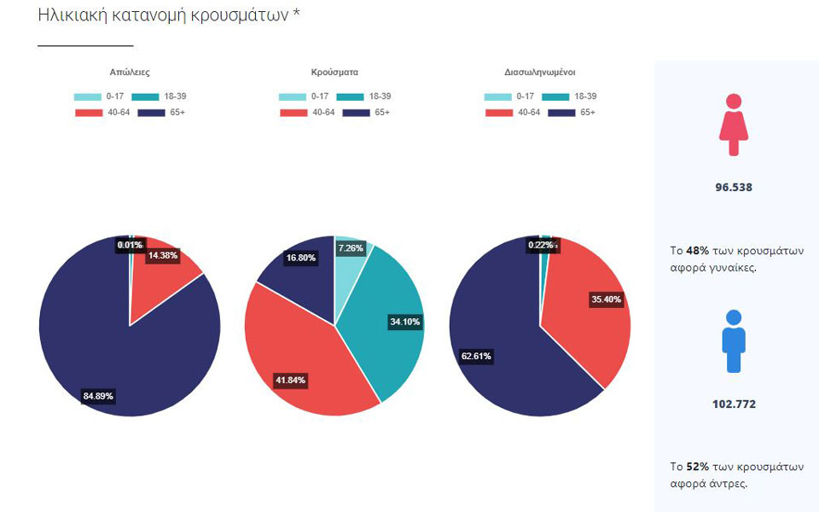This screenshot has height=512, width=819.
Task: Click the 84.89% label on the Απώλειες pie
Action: [98, 396]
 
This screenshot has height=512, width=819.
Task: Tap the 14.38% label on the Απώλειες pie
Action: [162, 255]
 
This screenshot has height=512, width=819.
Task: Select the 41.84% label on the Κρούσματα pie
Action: [291, 381]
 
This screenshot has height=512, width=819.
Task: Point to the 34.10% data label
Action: [405, 322]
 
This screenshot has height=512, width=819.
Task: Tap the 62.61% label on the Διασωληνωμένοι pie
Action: [476, 356]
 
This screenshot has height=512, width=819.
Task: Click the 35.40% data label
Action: [606, 300]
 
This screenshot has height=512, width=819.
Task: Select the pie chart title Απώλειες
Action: [130, 73]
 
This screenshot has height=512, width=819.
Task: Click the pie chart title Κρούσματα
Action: [335, 73]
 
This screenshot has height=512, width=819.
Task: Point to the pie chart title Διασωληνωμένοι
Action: [540, 73]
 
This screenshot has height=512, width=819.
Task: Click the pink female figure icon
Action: [733, 125]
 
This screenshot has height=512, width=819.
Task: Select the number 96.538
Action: [734, 187]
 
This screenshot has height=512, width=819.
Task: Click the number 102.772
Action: [734, 404]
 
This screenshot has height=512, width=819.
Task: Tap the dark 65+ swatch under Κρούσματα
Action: [356, 113]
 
